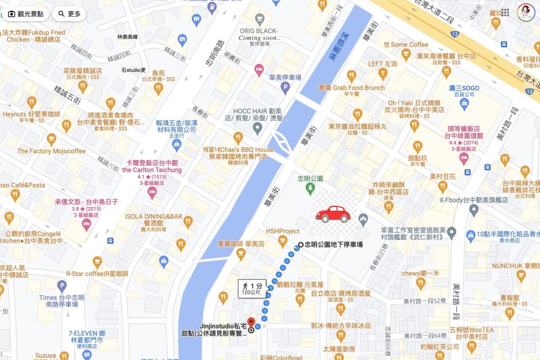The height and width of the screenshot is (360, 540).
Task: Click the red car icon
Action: click(x=333, y=214)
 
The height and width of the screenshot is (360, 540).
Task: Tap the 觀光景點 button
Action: click(x=26, y=14)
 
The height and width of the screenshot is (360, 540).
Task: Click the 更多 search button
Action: click(x=69, y=14)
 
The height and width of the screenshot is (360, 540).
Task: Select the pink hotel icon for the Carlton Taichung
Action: click(x=152, y=192)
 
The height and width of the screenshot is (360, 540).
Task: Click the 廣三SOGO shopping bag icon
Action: click(x=464, y=104)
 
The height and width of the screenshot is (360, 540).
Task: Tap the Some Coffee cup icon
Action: click(x=406, y=55)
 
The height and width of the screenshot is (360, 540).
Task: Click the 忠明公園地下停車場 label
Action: click(x=333, y=245)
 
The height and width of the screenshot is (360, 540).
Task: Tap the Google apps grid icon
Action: click(x=505, y=12)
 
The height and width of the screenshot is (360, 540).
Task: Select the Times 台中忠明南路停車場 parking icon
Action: click(x=62, y=286)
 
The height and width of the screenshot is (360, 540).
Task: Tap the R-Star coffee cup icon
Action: click(x=97, y=261)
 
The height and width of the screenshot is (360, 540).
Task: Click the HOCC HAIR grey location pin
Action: click(x=257, y=129)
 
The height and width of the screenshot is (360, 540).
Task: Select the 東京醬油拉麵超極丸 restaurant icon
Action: click(x=358, y=114)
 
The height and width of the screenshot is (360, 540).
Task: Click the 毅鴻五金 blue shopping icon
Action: click(x=177, y=144)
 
